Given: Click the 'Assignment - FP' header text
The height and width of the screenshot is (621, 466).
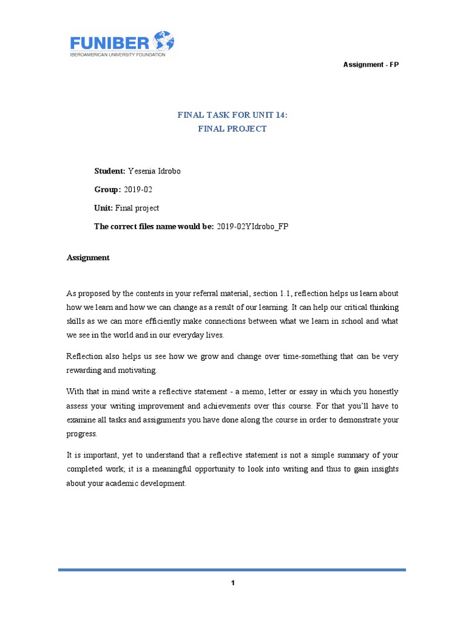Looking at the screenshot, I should point(371,64).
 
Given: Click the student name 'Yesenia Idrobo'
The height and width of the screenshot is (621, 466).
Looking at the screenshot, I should point(154,171).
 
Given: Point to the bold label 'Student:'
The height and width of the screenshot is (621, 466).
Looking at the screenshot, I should point(109,171).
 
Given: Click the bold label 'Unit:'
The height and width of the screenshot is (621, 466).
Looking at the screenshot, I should point(103,208).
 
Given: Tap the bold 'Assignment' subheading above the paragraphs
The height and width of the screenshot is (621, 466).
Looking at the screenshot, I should point(88,257).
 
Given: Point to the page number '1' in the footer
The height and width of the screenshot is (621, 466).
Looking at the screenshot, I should point(232,583).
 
